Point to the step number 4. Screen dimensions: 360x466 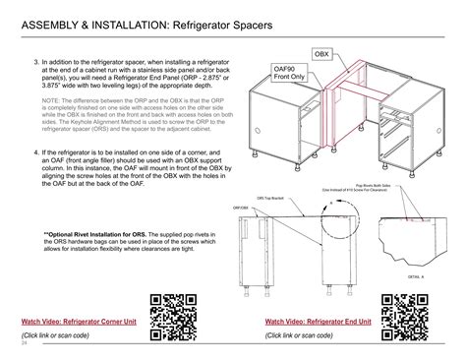point(33,153)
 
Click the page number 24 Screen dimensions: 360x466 point(24,343)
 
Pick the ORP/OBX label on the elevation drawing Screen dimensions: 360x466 point(241,208)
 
